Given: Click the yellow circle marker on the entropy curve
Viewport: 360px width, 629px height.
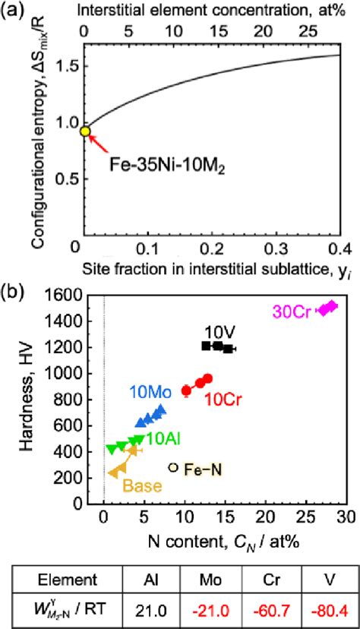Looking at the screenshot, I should (85, 131).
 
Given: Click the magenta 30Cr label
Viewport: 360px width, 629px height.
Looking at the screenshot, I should (293, 311).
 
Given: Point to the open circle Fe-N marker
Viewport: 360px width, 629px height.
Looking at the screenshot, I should (173, 469).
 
